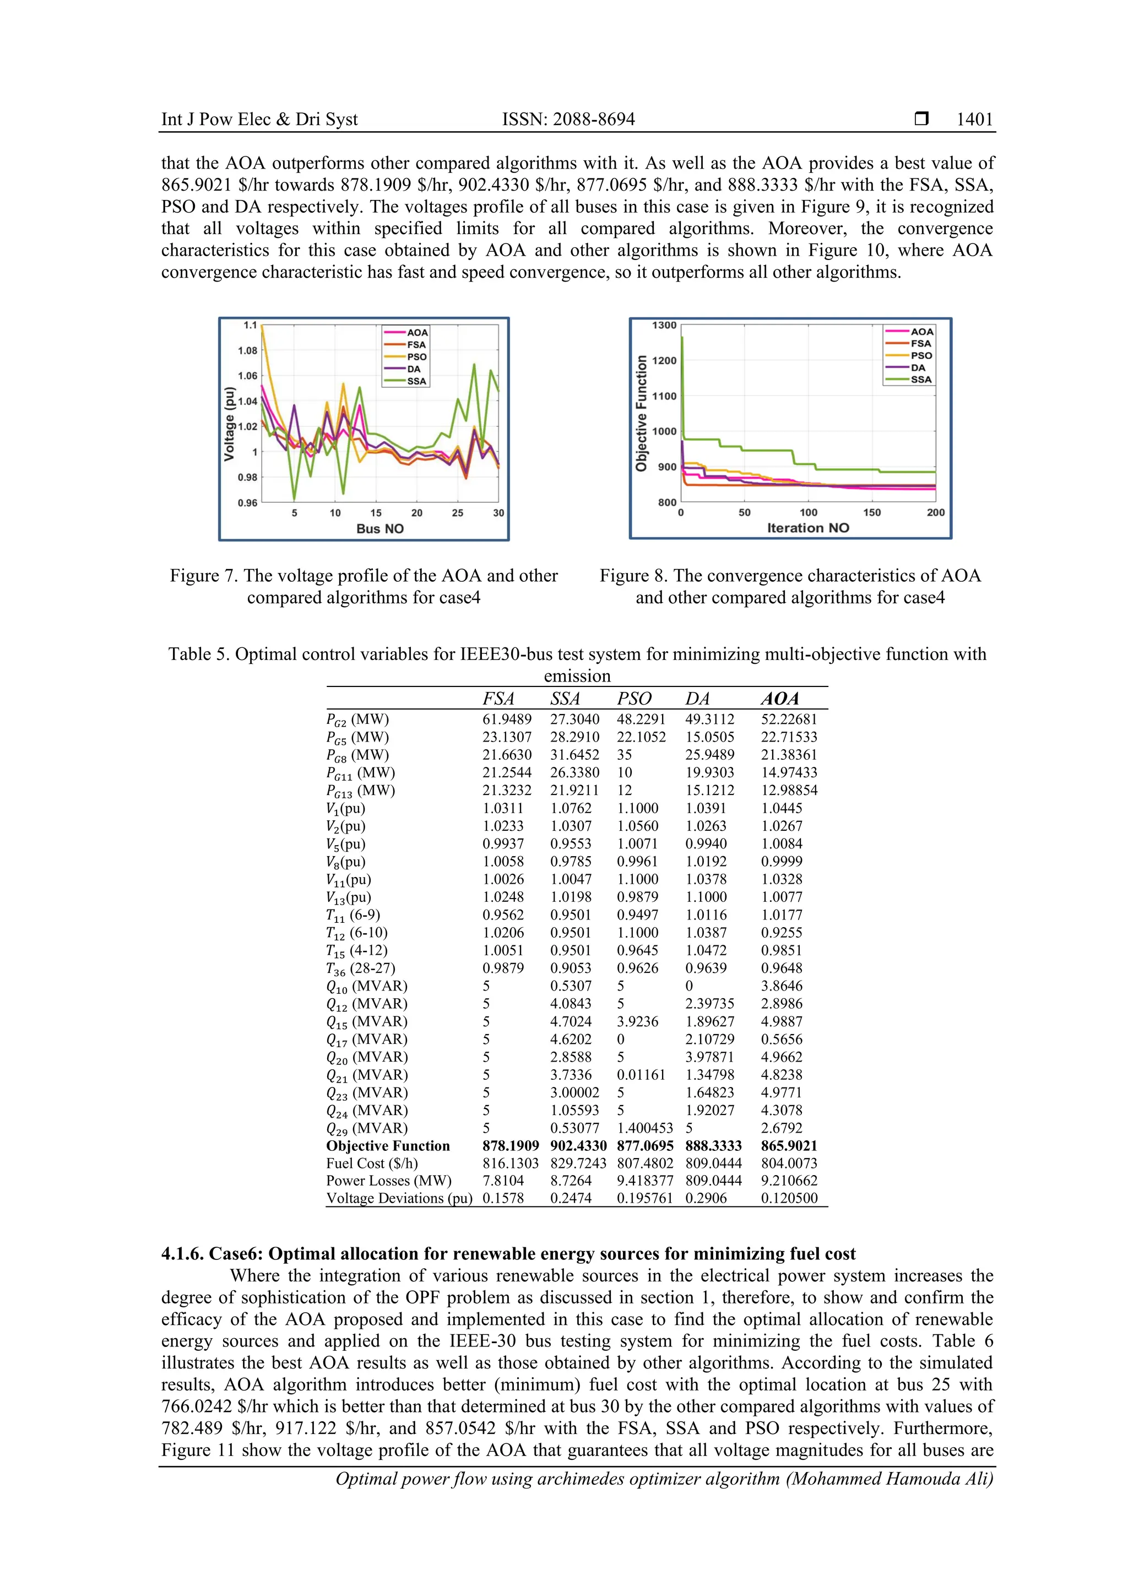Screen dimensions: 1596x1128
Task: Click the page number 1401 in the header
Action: tap(974, 120)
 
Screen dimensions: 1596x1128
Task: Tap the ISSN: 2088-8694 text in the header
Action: tap(568, 120)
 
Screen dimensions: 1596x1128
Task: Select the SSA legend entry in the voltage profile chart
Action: tap(416, 381)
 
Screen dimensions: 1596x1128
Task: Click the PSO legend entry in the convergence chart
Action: tap(921, 355)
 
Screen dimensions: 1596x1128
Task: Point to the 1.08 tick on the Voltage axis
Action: tap(247, 350)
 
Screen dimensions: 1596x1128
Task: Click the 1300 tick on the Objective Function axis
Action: tap(664, 326)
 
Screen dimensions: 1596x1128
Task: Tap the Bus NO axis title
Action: tap(379, 528)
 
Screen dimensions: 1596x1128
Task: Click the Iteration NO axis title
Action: tap(807, 528)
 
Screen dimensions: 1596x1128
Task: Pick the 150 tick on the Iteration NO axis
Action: tap(871, 512)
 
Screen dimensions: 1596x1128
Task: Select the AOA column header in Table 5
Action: tap(779, 699)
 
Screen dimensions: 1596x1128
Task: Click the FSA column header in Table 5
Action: tap(498, 699)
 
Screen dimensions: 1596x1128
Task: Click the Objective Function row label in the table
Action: tap(388, 1145)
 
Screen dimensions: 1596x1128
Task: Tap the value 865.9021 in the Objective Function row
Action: tap(789, 1145)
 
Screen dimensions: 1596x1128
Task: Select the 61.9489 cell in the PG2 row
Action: tap(507, 719)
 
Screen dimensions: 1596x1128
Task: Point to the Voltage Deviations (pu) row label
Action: tap(399, 1198)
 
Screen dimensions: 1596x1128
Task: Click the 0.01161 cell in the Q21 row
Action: tap(641, 1075)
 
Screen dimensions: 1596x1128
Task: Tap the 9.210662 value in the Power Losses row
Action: tap(789, 1180)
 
